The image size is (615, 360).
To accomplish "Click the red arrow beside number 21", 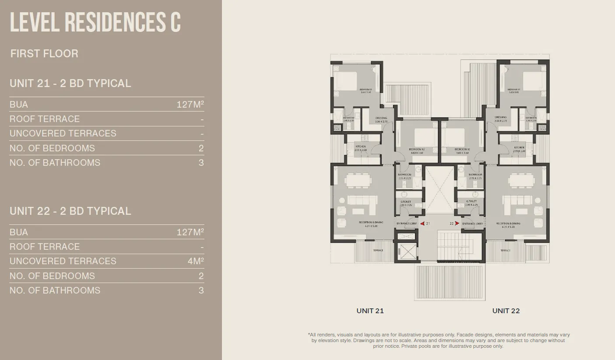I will (x=422, y=224).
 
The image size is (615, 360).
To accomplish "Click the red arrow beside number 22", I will (x=457, y=224).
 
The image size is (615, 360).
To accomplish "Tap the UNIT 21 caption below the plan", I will (x=370, y=311).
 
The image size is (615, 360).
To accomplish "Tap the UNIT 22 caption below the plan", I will (x=506, y=311).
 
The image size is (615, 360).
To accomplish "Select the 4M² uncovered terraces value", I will (x=196, y=261).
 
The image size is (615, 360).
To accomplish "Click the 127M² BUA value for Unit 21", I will (x=190, y=105).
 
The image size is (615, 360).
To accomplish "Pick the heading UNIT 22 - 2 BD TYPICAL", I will (x=70, y=211).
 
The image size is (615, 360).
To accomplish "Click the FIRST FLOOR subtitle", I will (x=44, y=54).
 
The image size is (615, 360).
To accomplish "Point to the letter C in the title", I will (x=175, y=23).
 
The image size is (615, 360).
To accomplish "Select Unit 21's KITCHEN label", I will (x=360, y=147).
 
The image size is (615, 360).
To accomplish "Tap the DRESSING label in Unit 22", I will (x=500, y=118).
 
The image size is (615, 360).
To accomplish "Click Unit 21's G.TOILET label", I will (x=404, y=202).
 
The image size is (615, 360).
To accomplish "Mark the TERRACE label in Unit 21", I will (x=378, y=250).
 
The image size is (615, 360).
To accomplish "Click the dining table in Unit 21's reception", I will (x=358, y=180).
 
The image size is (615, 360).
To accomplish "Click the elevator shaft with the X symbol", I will (x=407, y=252).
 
